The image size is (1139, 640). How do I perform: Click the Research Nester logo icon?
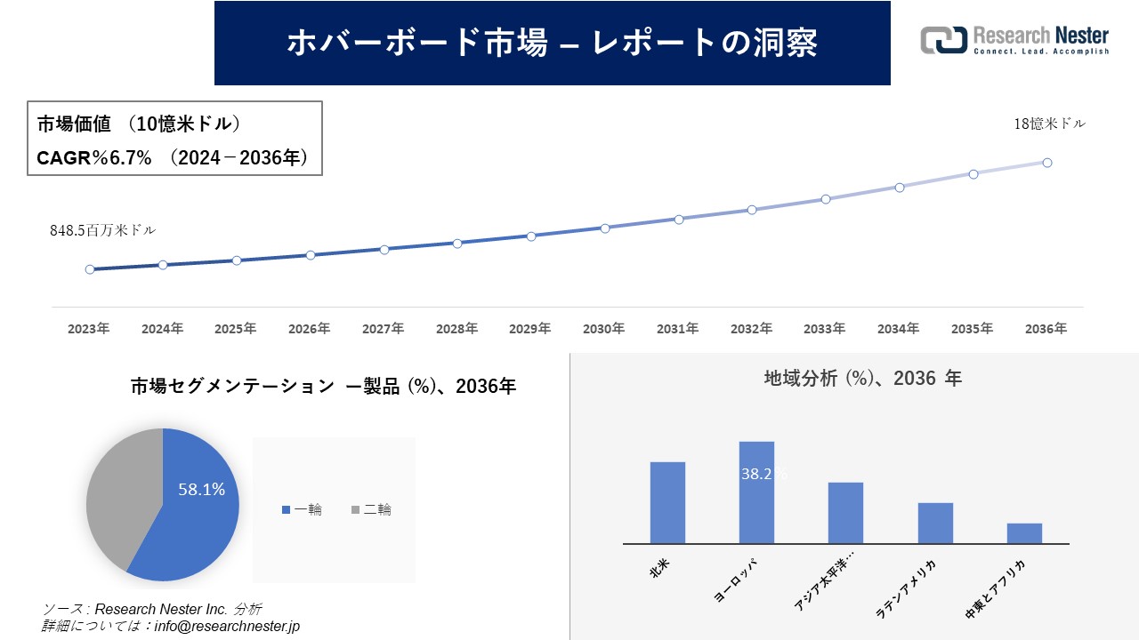pyautogui.click(x=943, y=41)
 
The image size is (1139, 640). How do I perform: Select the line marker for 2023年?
pyautogui.click(x=90, y=269)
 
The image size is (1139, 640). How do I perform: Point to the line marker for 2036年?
pyautogui.click(x=1047, y=163)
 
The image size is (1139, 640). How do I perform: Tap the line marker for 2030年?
pyautogui.click(x=605, y=228)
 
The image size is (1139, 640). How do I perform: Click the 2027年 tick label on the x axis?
pyautogui.click(x=384, y=329)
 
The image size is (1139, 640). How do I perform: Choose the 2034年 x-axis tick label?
pyautogui.click(x=899, y=329)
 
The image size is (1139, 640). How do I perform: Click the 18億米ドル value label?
pyautogui.click(x=1050, y=124)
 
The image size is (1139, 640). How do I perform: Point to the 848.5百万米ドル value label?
pyautogui.click(x=102, y=230)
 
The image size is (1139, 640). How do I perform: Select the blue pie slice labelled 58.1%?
pyautogui.click(x=200, y=516)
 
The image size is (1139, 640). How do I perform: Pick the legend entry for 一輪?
pyautogui.click(x=302, y=509)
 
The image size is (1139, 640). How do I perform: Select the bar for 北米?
pyautogui.click(x=667, y=502)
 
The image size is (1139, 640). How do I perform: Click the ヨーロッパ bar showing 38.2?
pyautogui.click(x=756, y=493)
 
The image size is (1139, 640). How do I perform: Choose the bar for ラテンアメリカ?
pyautogui.click(x=935, y=523)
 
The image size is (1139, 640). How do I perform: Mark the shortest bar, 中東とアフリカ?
pyautogui.click(x=1024, y=533)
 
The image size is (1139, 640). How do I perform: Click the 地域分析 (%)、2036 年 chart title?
pyautogui.click(x=862, y=378)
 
